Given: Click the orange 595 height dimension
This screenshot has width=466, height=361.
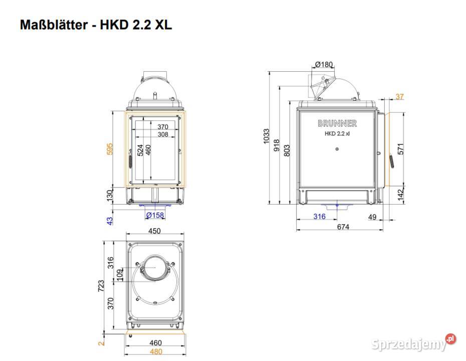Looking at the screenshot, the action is coord(110,149).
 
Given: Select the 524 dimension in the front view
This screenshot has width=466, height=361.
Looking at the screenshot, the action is coord(140,150).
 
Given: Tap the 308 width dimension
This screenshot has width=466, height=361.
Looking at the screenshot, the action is coord(163,134).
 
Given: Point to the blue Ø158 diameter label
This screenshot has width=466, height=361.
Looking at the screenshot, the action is coord(155,215).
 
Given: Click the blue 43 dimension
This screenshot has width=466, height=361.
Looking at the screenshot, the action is coord(110,221).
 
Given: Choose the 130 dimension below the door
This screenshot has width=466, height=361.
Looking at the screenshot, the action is coord(110,196).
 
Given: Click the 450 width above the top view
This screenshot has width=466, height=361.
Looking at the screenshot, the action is coord(154,231).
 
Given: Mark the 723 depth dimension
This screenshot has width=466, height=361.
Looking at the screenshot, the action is coord(101,285).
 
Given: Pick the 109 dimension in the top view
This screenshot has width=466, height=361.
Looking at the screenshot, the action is coord(119,275).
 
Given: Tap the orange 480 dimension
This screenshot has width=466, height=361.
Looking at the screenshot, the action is coord(156,352).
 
